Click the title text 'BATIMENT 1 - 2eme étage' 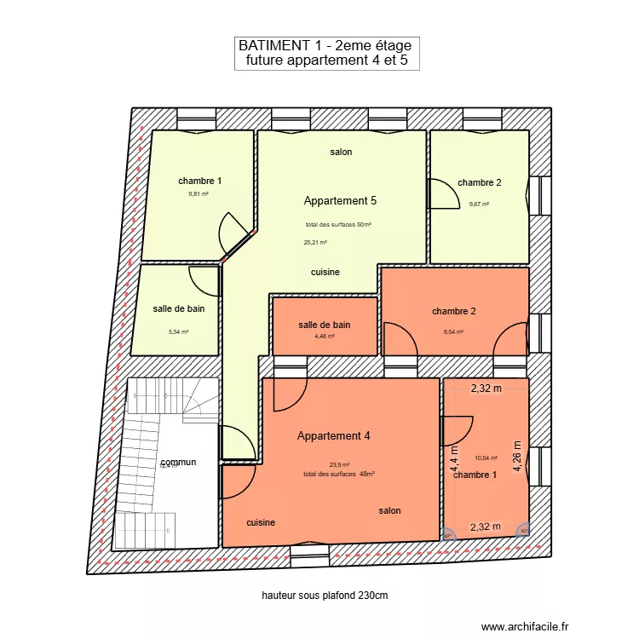click(326, 45)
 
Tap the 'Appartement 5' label click(340, 201)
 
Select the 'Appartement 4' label click(333, 436)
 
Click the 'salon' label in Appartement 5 click(341, 152)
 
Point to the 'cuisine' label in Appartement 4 click(261, 522)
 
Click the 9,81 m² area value click(199, 194)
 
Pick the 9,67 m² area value click(479, 204)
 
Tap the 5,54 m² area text click(178, 332)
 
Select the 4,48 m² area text click(325, 336)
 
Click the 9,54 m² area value click(453, 332)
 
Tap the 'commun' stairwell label click(177, 462)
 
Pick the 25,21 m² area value click(315, 242)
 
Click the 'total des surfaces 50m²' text click(338, 225)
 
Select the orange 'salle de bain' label click(324, 325)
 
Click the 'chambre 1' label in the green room click(200, 181)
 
